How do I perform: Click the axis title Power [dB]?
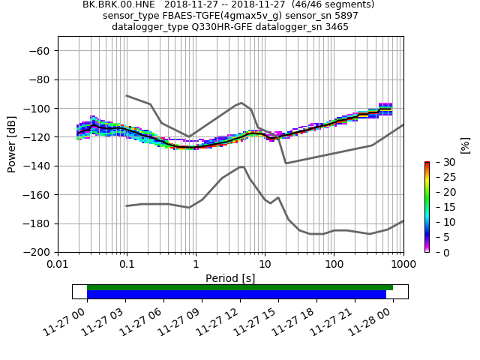click(x=12, y=144)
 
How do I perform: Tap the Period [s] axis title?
click(x=230, y=278)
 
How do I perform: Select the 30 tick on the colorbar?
click(x=442, y=163)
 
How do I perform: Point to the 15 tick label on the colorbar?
click(x=442, y=208)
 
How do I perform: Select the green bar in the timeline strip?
click(x=240, y=287)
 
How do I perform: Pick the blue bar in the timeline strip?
click(x=236, y=294)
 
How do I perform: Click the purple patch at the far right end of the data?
click(x=385, y=106)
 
